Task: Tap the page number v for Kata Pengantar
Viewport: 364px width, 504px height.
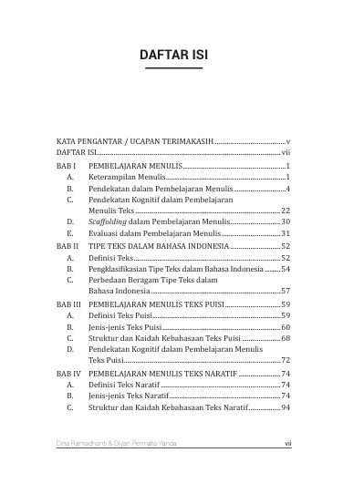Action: (287, 142)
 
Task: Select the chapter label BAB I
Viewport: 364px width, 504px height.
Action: (65, 168)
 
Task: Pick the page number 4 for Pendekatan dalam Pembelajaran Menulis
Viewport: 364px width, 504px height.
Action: (287, 188)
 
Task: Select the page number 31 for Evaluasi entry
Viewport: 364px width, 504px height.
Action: (285, 233)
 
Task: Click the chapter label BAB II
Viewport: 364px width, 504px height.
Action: (67, 246)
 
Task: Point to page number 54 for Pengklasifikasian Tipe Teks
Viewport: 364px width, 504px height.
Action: (285, 269)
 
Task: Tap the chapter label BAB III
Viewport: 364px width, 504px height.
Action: (68, 303)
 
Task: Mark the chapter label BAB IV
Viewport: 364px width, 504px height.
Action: (68, 373)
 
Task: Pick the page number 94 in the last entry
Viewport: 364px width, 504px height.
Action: (285, 407)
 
